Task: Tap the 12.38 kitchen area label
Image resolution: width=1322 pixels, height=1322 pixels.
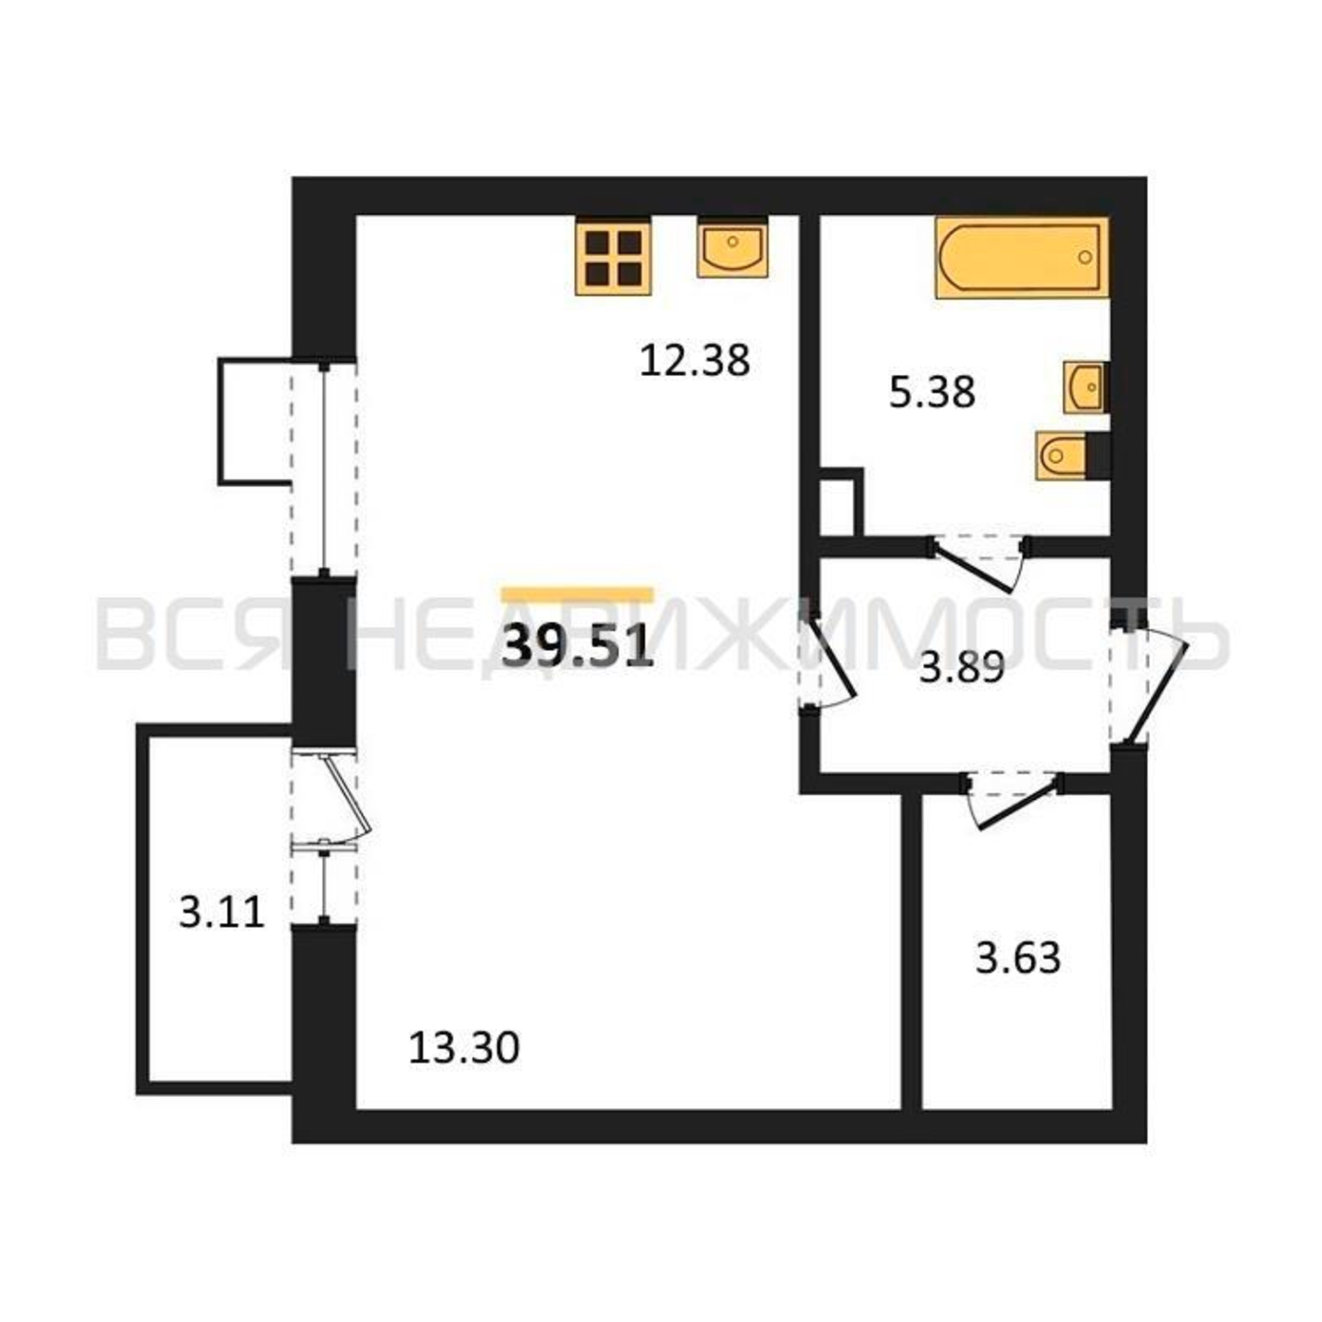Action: tap(695, 361)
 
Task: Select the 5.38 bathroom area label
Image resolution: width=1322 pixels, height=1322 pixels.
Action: tap(932, 393)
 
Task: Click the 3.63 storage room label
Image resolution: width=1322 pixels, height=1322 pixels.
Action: tap(1017, 957)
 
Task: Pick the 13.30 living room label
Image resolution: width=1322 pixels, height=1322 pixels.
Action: tap(464, 1067)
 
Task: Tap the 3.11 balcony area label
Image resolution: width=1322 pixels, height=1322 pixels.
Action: tap(221, 913)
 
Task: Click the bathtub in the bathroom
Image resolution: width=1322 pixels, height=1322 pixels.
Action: tap(1023, 257)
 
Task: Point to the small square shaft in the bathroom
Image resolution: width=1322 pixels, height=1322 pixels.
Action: tap(841, 502)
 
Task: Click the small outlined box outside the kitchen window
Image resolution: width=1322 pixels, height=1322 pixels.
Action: tap(256, 421)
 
